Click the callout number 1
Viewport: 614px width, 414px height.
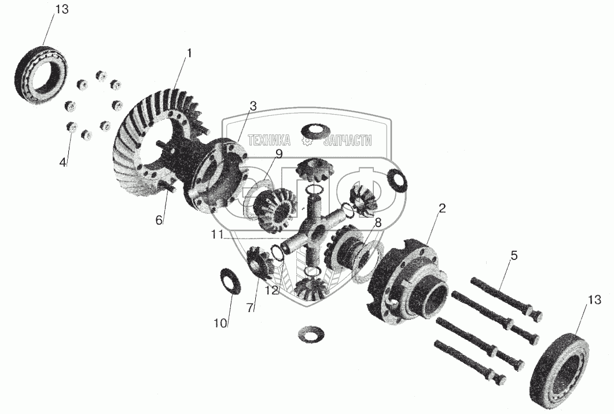(189, 53)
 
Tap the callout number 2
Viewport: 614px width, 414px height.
(442, 208)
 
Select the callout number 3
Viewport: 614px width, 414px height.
(253, 106)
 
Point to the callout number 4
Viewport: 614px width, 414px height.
(63, 162)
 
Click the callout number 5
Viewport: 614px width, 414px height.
(514, 256)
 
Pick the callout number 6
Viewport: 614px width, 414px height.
(159, 221)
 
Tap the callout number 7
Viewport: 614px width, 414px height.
(250, 308)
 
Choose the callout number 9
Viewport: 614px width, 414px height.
(278, 153)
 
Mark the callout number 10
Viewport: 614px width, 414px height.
(220, 323)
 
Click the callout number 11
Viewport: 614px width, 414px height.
(218, 235)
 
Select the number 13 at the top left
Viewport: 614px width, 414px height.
(61, 9)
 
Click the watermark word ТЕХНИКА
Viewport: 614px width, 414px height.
(270, 140)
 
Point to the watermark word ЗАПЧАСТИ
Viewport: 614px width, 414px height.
(347, 140)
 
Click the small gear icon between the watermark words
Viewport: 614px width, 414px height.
(307, 140)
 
